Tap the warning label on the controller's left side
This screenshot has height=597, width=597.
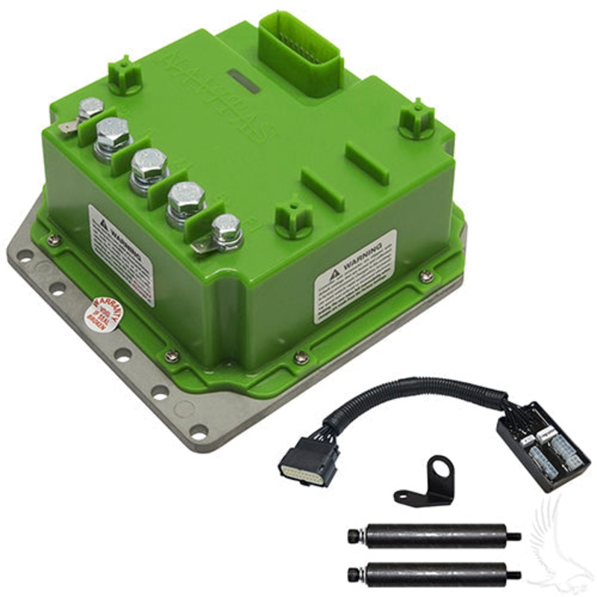click(121, 254)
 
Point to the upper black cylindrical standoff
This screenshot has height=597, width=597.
click(434, 536)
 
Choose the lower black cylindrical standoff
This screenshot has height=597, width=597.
click(434, 573)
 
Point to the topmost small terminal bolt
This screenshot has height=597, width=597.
click(90, 109)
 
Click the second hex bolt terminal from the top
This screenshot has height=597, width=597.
click(113, 135)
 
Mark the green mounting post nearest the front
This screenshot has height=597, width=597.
click(293, 218)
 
